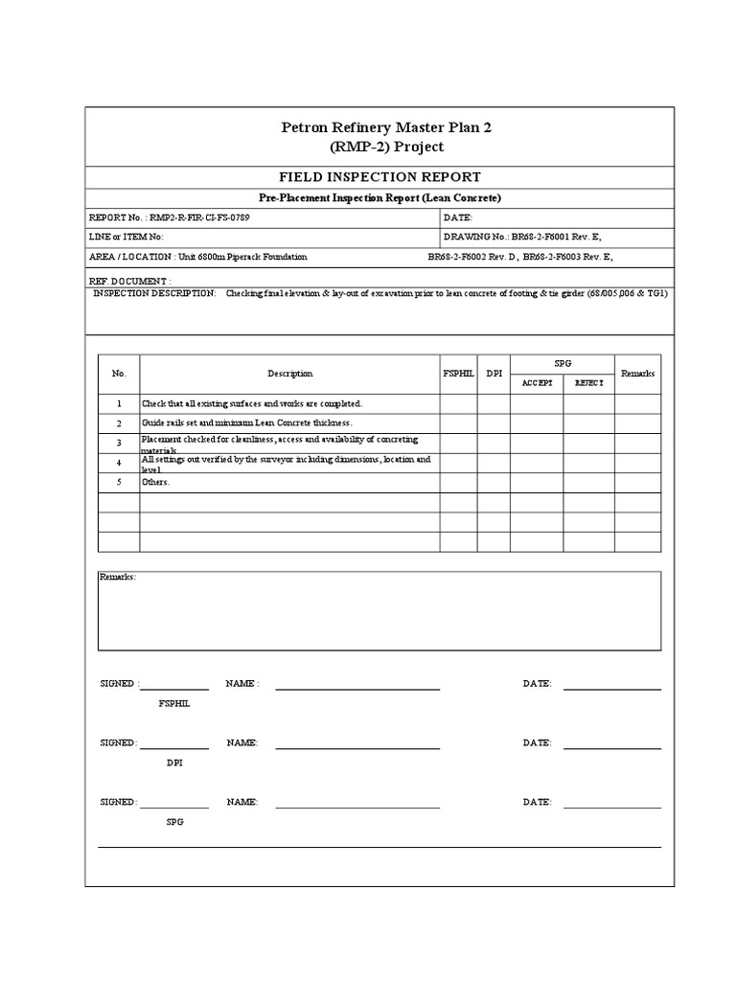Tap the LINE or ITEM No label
[126, 237]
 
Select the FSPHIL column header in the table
[457, 374]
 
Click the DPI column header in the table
[494, 374]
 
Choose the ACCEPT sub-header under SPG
[537, 382]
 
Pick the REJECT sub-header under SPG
[588, 382]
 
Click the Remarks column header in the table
[637, 374]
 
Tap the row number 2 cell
[119, 423]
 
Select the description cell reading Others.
[156, 482]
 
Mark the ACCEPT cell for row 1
[537, 403]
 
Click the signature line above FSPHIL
[174, 687]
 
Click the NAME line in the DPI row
[357, 746]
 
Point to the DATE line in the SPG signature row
[611, 806]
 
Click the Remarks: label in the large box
[118, 578]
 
